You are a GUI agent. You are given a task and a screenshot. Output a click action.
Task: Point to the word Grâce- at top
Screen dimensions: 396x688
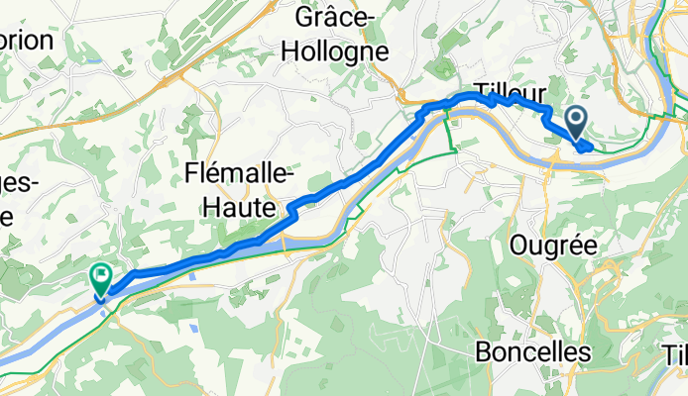332,17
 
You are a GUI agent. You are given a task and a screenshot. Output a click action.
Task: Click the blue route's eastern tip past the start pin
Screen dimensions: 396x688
591,147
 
